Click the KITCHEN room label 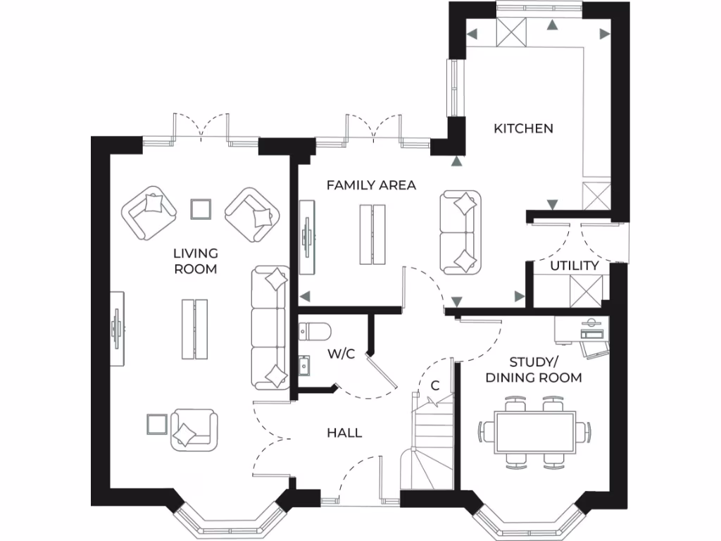pos(523,128)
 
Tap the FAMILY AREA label pos(371,185)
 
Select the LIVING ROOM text pos(196,261)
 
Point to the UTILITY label pos(574,266)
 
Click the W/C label pos(341,354)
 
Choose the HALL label pos(344,433)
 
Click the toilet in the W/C pos(311,330)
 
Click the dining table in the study pos(535,431)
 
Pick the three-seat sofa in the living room pos(270,327)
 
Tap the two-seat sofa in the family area pos(461,232)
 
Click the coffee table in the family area pos(372,234)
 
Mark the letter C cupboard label pos(435,385)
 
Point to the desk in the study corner pos(582,330)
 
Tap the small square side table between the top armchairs pos(201,209)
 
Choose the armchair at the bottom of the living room pos(194,428)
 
